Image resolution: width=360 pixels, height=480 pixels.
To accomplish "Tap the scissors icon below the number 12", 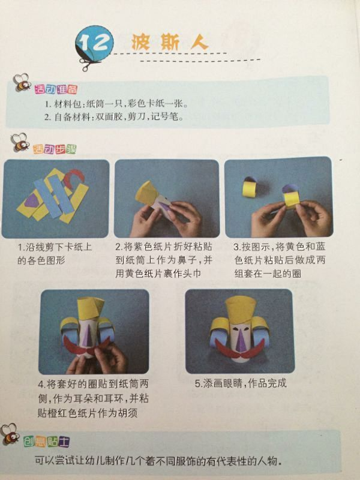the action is coord(89,63).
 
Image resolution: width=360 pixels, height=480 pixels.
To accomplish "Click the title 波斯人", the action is coord(170,42).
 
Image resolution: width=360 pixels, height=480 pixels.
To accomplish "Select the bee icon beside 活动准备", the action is coord(22,82).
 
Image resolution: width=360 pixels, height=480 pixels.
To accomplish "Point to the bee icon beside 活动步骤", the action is coord(20,142).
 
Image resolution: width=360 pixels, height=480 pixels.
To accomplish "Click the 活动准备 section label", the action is coord(56,89).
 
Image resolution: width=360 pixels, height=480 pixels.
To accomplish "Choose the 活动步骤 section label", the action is coord(55,149).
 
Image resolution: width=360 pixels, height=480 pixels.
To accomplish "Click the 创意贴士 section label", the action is coord(47,442).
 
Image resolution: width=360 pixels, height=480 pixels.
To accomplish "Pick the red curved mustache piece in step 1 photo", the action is coord(74,178).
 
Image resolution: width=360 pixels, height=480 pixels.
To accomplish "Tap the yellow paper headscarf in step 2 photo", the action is coord(148,193).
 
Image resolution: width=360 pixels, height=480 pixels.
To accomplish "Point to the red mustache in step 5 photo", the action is coord(239,350).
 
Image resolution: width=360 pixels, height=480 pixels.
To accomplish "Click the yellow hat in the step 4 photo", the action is coord(91,308).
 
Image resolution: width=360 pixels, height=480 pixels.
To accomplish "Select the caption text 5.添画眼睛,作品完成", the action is coord(241,383).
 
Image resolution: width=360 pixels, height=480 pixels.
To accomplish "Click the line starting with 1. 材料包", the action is coord(116,104).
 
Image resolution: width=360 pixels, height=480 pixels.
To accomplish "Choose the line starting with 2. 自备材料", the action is coord(114,116).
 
